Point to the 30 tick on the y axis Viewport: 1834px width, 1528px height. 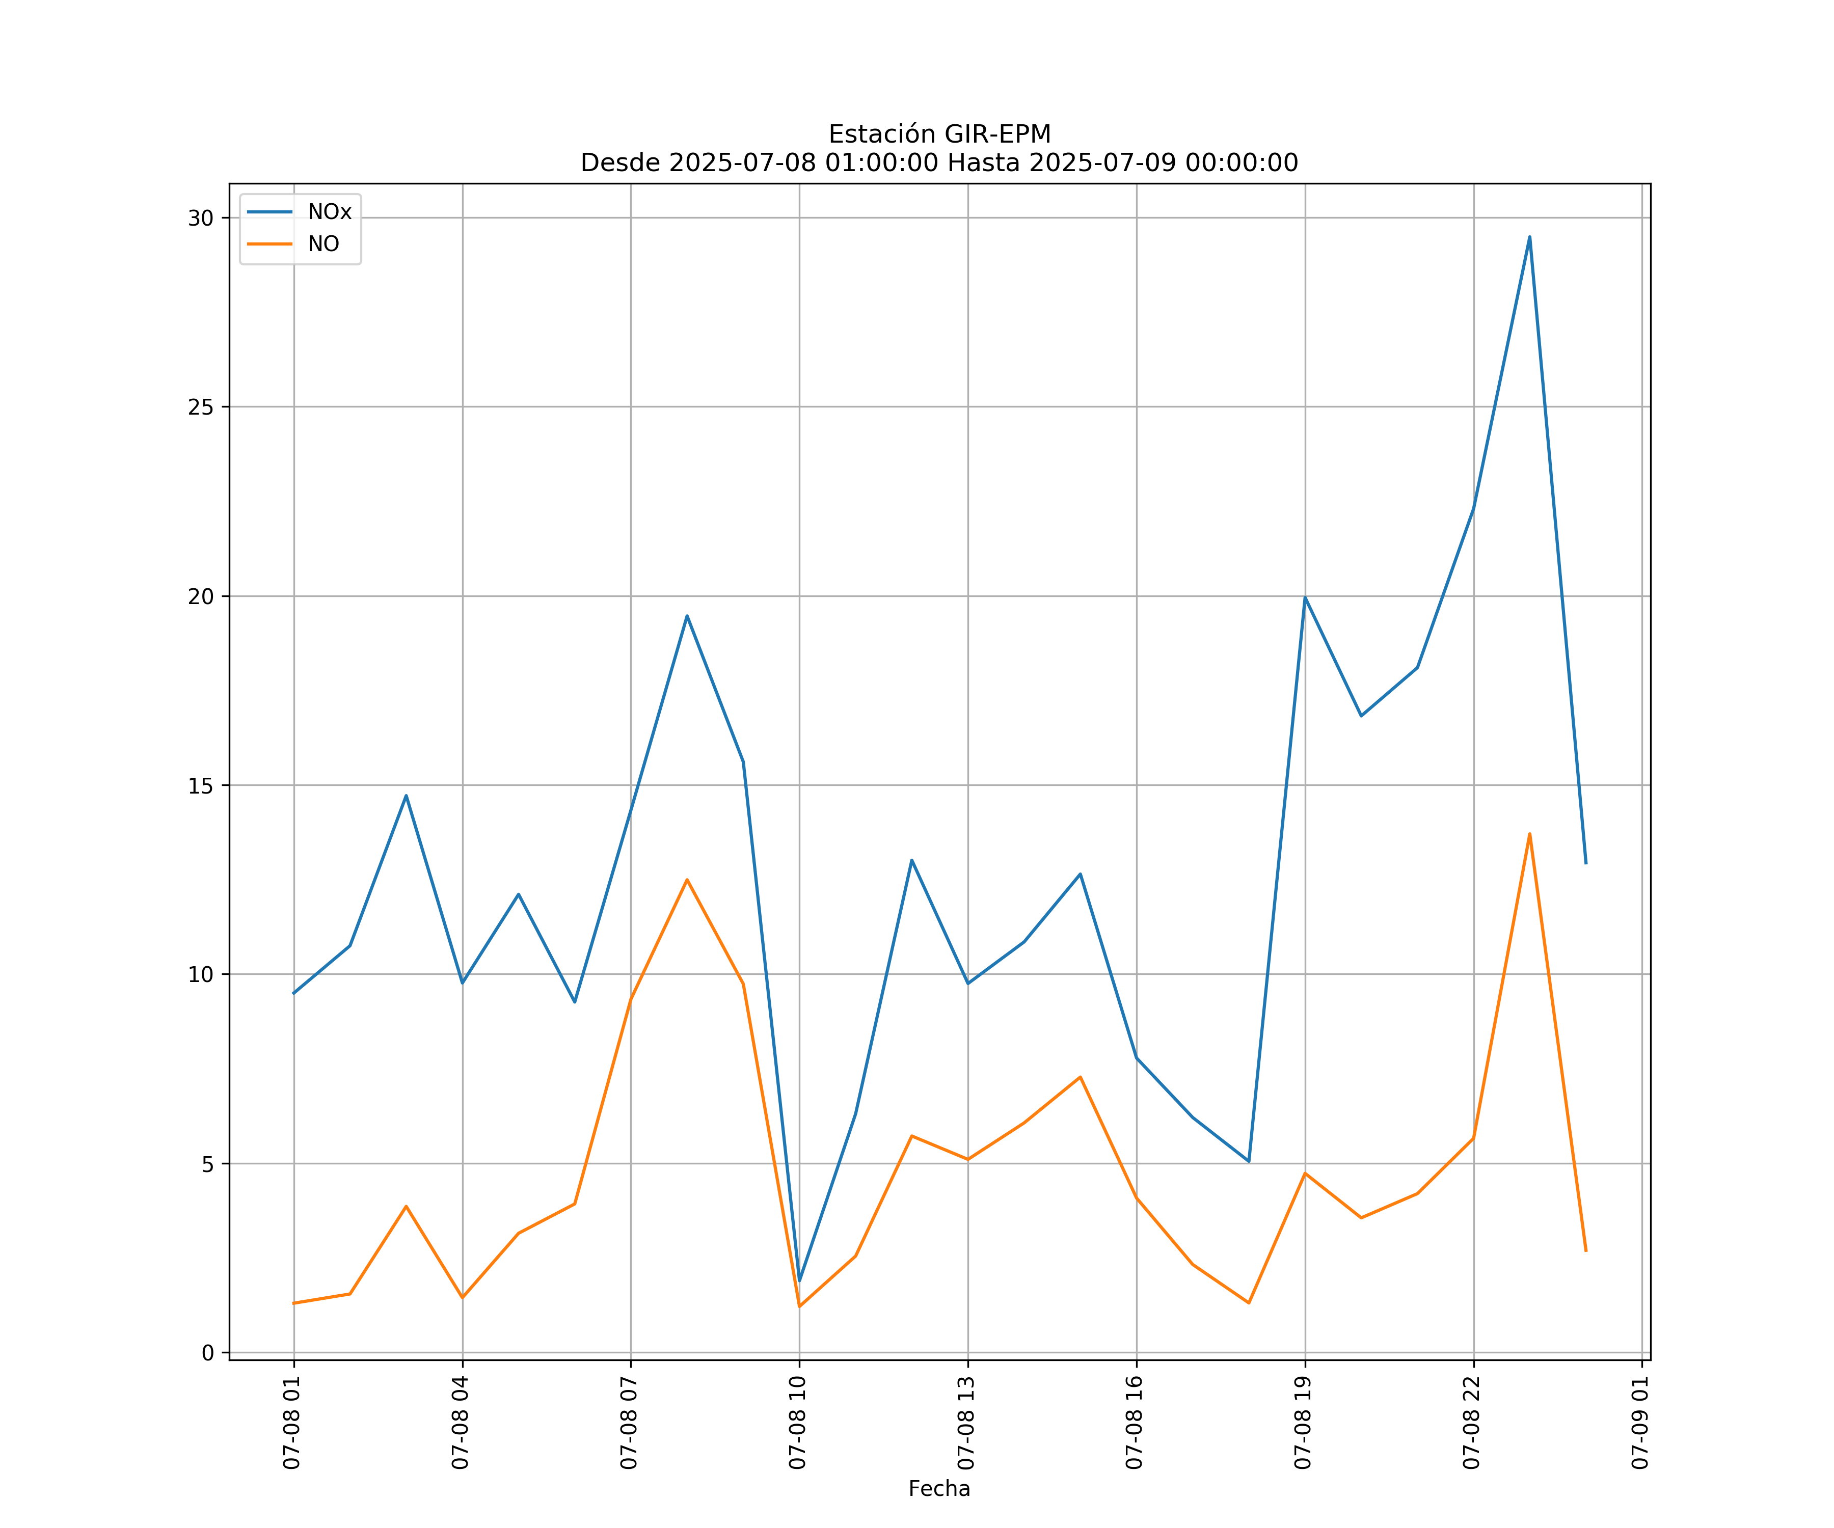[x=201, y=219]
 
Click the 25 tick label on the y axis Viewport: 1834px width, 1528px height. [x=201, y=407]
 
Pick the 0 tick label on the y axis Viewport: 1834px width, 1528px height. [x=208, y=1352]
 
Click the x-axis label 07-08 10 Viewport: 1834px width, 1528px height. [x=797, y=1423]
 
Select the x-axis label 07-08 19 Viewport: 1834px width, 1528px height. [x=1303, y=1423]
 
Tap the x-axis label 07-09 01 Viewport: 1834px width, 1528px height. [x=1640, y=1423]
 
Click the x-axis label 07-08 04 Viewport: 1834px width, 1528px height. [x=460, y=1423]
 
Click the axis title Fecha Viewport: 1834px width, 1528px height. [x=939, y=1489]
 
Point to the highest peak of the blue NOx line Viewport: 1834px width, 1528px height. [x=1529, y=237]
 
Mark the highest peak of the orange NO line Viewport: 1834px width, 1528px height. [x=1529, y=834]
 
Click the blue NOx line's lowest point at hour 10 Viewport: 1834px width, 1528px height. [x=799, y=1280]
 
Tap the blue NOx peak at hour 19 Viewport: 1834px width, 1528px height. [x=1305, y=597]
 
